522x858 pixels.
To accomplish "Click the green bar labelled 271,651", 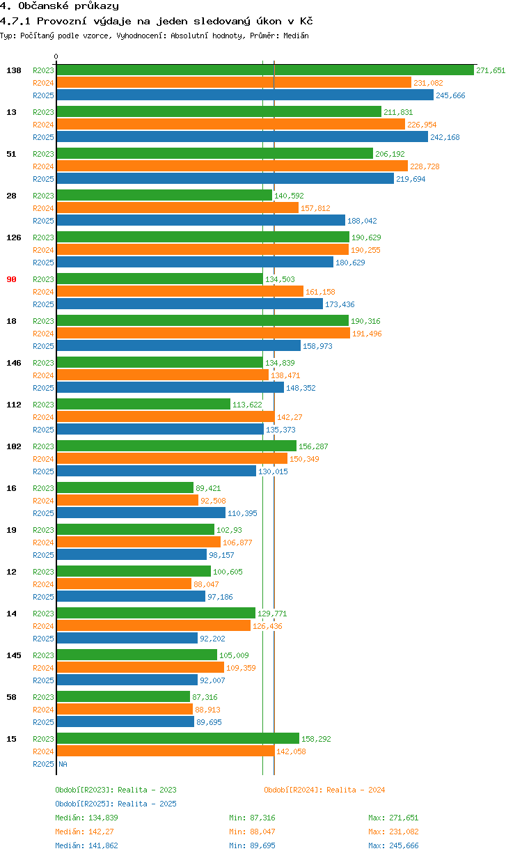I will pyautogui.click(x=264, y=70).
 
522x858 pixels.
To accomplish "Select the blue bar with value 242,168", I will pyautogui.click(x=242, y=137).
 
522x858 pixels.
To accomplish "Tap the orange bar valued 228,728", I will pyautogui.click(x=232, y=166).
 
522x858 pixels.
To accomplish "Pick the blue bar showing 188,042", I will pyautogui.click(x=200, y=221).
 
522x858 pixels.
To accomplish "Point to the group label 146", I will pyautogui.click(x=13, y=363).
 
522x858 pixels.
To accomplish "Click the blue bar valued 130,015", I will pyautogui.click(x=156, y=471).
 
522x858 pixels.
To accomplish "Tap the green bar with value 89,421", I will pyautogui.click(x=125, y=488).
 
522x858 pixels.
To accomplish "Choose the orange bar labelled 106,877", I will pyautogui.click(x=138, y=543).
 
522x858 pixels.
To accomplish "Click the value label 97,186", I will pyautogui.click(x=222, y=597).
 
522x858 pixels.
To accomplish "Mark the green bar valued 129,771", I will pyautogui.click(x=156, y=614).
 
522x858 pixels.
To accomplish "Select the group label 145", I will pyautogui.click(x=13, y=655).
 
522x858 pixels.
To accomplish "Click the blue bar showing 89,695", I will pyautogui.click(x=125, y=722).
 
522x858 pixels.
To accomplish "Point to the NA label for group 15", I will pyautogui.click(x=63, y=764).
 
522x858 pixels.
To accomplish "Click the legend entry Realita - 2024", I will pyautogui.click(x=324, y=790).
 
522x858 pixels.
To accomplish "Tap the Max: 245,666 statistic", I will pyautogui.click(x=393, y=845).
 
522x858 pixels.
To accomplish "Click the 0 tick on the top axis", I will pyautogui.click(x=56, y=57).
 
